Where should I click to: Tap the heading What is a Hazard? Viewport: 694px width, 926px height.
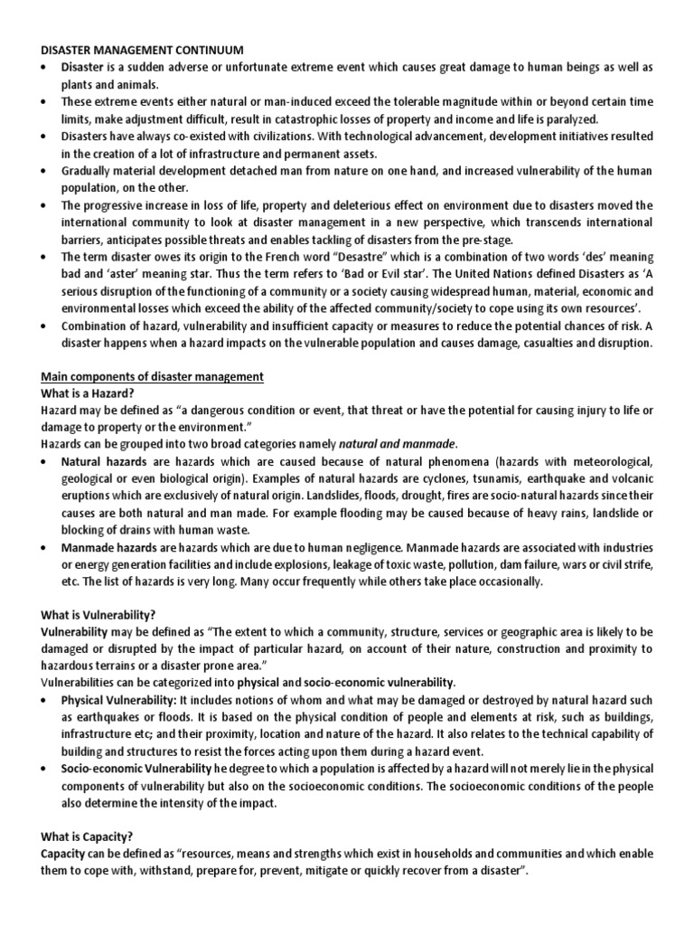(88, 393)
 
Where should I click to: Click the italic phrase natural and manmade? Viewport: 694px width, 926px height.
(397, 443)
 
